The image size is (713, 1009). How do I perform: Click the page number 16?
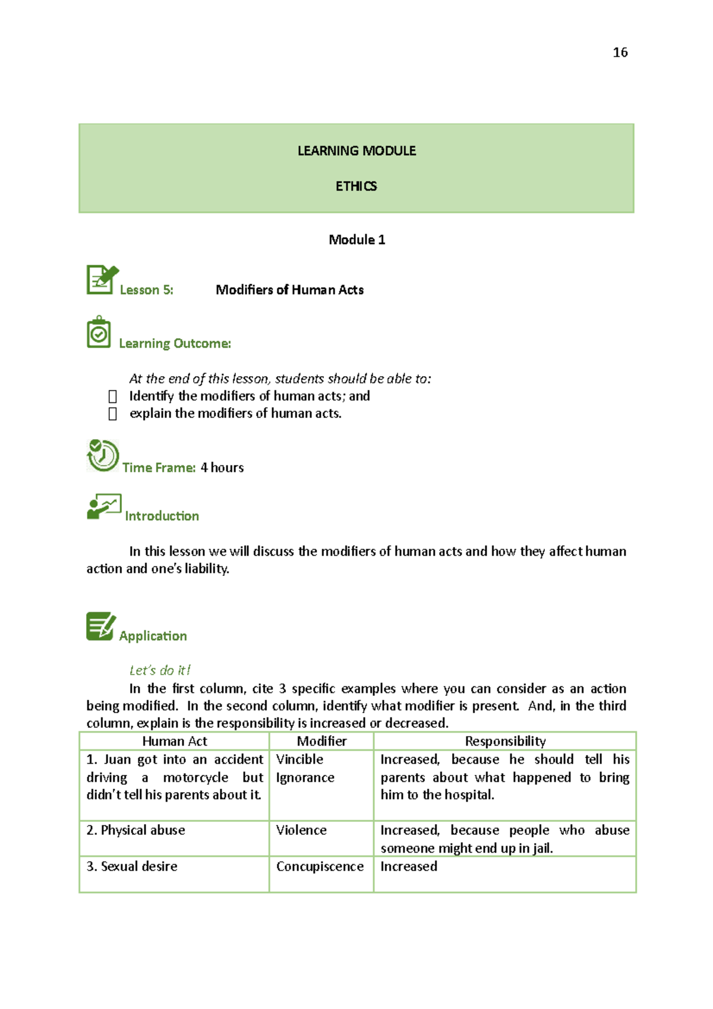coord(620,52)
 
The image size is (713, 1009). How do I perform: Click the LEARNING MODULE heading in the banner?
coord(356,151)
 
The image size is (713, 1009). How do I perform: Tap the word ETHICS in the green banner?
coord(356,187)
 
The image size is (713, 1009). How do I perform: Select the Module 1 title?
coord(356,239)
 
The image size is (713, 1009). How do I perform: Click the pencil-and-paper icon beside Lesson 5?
coord(102,279)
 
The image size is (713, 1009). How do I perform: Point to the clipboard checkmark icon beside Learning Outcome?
coord(99,332)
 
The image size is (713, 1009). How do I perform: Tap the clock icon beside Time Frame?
coord(103,455)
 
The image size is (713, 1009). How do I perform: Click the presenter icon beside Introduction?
coord(104,506)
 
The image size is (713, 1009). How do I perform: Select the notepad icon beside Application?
coord(100,626)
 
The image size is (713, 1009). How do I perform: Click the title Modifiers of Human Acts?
coord(289,290)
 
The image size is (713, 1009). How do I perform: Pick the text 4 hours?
coord(222,468)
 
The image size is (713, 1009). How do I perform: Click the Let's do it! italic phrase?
coord(160,670)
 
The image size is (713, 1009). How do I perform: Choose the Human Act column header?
coord(174,741)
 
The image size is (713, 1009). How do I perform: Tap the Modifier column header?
coord(321,741)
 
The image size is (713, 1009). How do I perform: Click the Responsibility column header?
coord(505,741)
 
